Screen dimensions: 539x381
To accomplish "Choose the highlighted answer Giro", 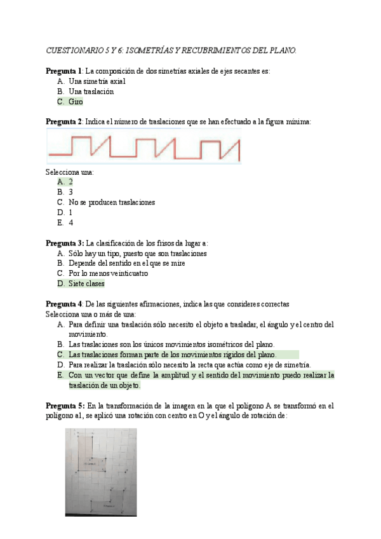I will pos(76,102).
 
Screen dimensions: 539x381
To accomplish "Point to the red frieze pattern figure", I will pos(144,147).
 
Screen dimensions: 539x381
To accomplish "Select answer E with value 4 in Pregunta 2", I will pos(70,222).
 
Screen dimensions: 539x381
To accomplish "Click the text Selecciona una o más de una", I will pos(90,314).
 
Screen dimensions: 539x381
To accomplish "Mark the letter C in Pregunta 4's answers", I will pos(60,355).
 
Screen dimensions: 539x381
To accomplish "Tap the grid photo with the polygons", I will pos(100,472).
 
